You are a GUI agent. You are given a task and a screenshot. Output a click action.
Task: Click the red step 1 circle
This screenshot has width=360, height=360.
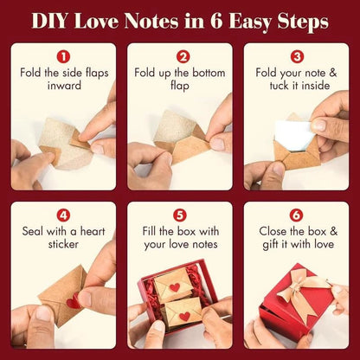tap(63, 55)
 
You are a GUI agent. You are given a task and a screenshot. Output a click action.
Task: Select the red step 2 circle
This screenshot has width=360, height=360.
tap(180, 55)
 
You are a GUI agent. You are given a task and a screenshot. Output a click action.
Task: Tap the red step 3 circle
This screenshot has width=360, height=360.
tap(297, 55)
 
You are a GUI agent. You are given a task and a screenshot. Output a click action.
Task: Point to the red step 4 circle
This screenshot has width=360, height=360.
tap(63, 214)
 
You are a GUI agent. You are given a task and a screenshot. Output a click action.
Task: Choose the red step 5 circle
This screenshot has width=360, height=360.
tap(180, 214)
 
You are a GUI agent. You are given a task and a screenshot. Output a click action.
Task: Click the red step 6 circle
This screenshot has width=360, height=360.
tap(297, 214)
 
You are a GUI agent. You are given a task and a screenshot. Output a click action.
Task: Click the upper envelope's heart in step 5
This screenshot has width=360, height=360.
tap(175, 287)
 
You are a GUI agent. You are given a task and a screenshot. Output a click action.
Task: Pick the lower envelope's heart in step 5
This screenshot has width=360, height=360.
tap(184, 316)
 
